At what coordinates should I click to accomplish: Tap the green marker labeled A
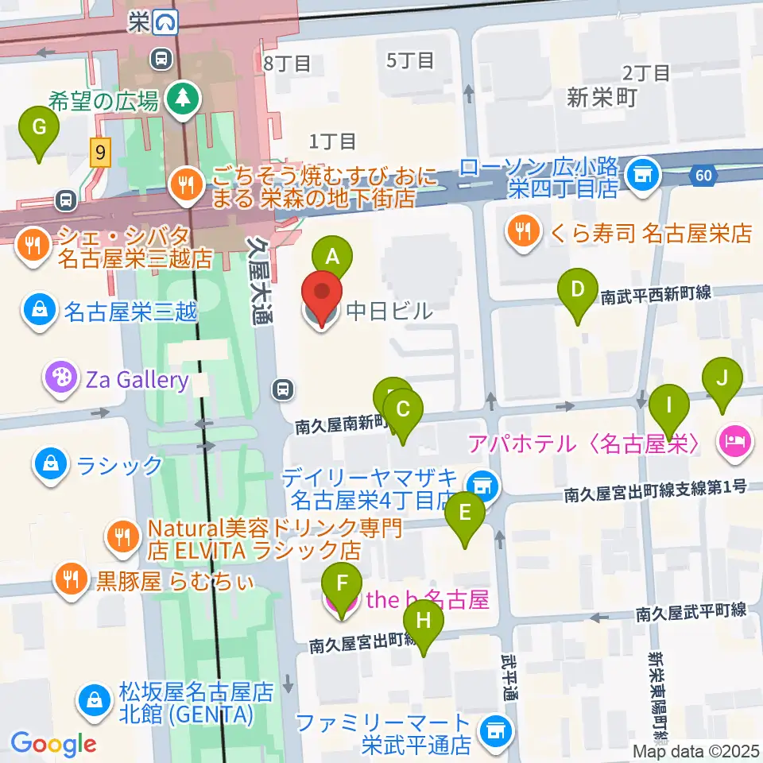(x=332, y=258)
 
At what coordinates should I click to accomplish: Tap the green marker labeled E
(x=466, y=513)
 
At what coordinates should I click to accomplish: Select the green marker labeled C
(x=403, y=411)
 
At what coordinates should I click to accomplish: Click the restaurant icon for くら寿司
(x=522, y=232)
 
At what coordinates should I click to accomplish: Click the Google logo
(x=54, y=744)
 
